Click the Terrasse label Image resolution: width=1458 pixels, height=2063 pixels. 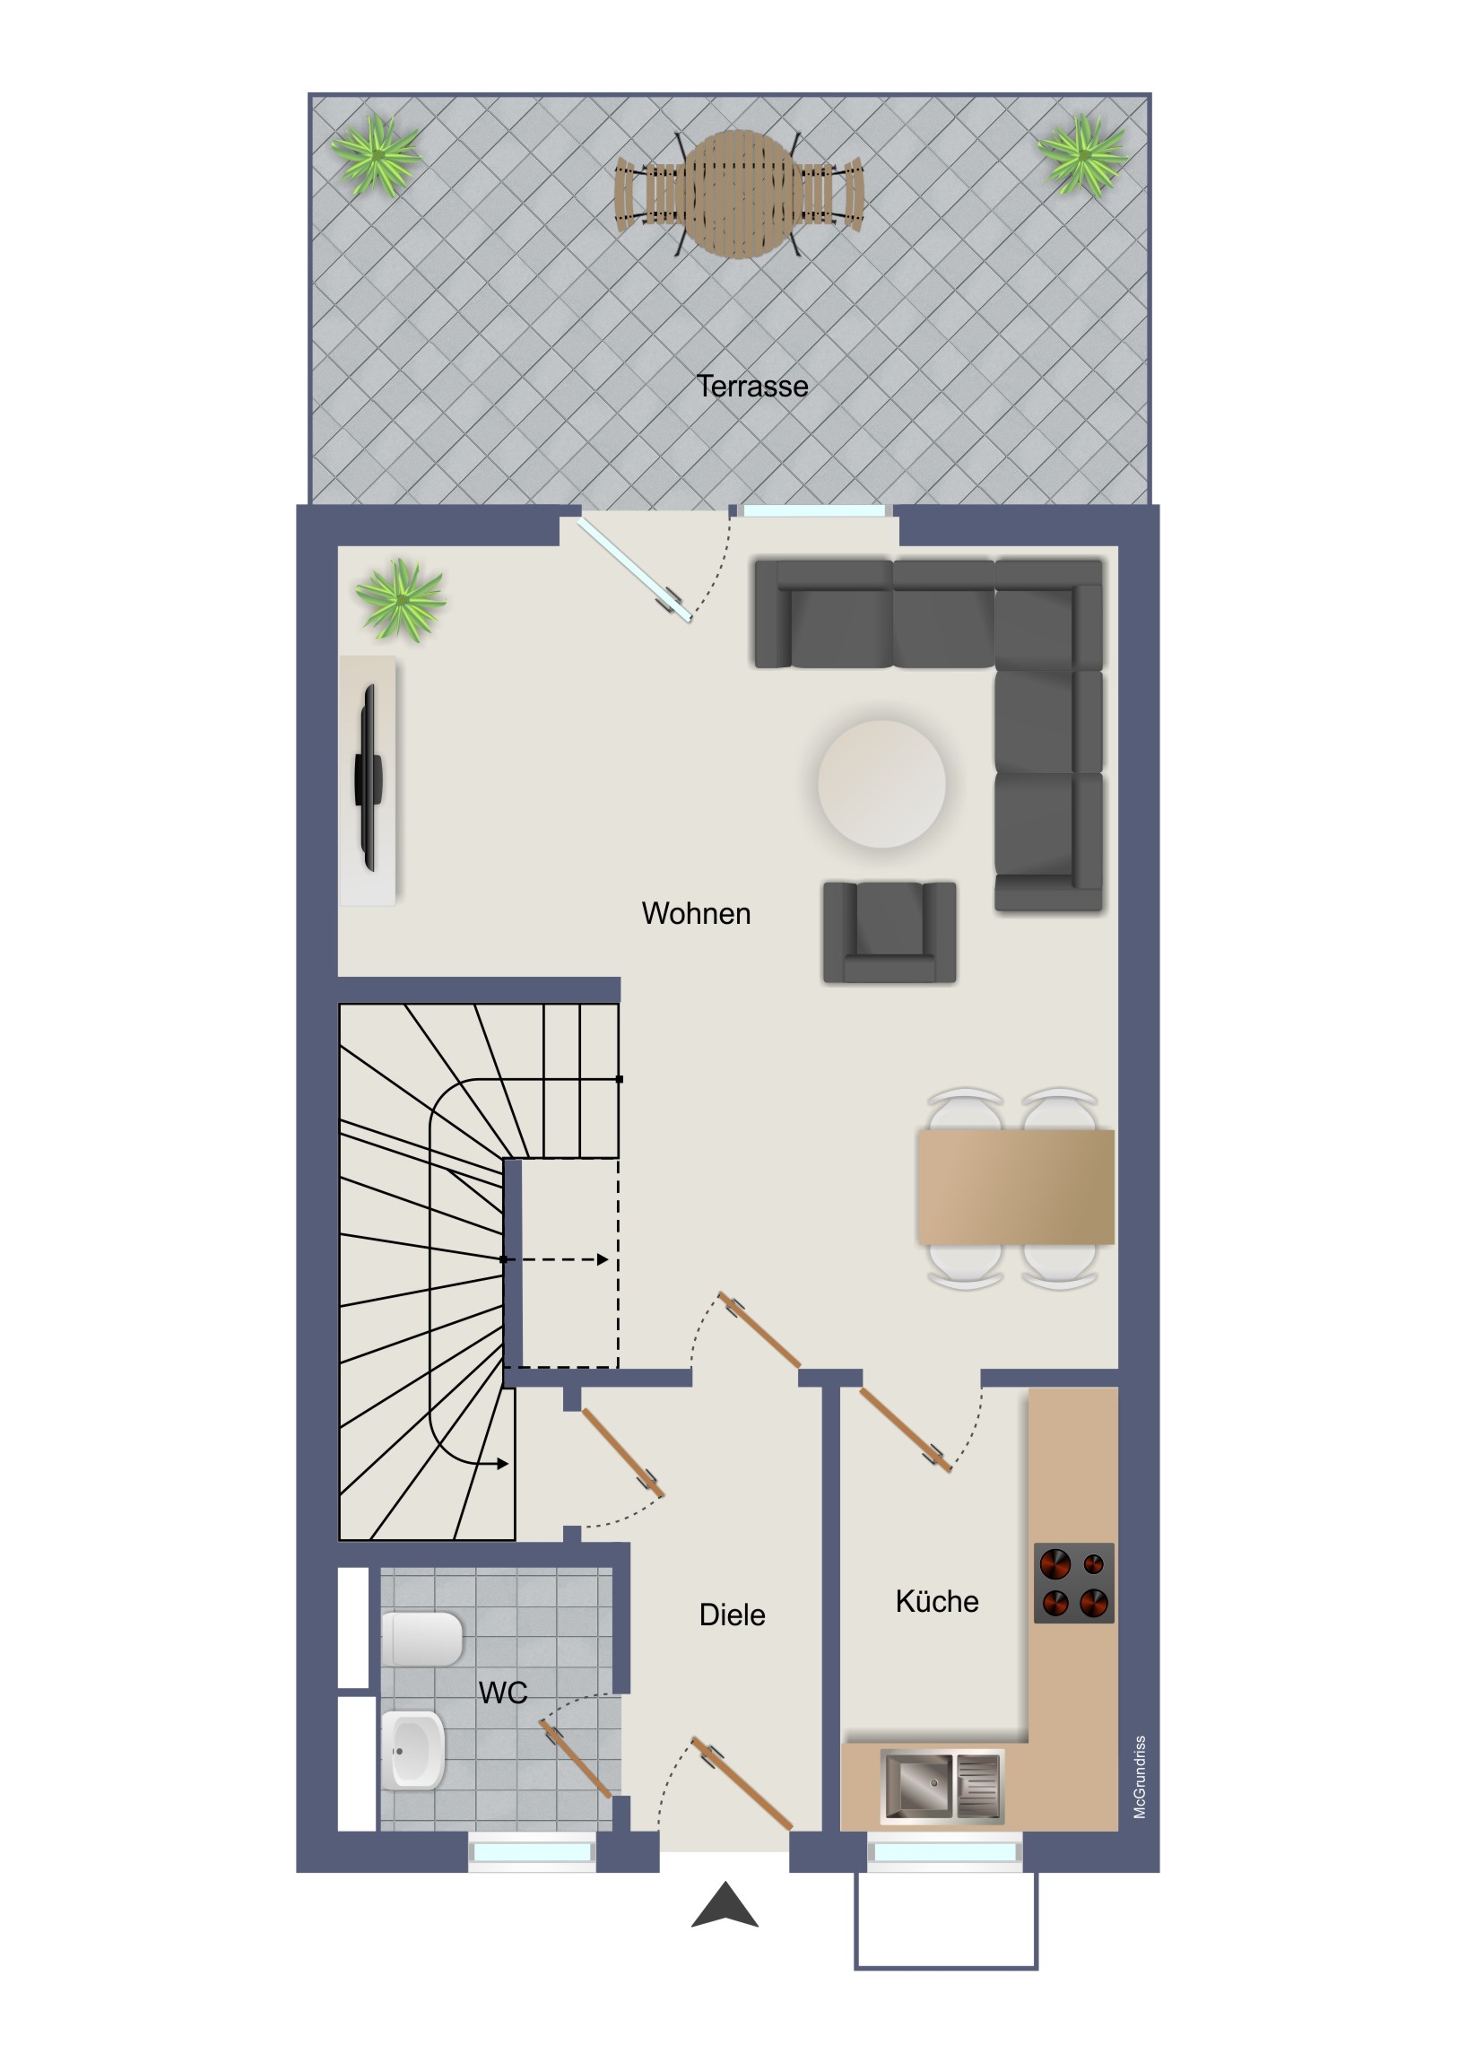752,387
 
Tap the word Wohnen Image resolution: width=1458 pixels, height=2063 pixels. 696,913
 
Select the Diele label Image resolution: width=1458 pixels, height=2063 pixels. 733,1615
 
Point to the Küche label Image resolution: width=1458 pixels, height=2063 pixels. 937,1601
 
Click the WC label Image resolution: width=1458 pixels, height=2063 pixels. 503,1693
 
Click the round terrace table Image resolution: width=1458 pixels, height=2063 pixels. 740,195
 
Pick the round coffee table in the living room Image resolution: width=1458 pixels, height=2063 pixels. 881,784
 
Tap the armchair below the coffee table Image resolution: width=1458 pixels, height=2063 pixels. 890,932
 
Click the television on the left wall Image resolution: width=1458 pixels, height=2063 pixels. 368,778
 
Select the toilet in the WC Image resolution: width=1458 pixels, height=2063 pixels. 421,1639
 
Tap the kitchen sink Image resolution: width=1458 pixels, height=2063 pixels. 942,1786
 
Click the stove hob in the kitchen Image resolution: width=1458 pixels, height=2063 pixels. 1073,1583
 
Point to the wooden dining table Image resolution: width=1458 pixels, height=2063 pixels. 1016,1187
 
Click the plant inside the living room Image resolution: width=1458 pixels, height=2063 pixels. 401,599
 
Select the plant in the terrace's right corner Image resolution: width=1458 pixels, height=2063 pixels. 1084,155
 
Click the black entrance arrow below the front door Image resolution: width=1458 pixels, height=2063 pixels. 725,1905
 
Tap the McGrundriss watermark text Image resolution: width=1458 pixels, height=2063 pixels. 1139,1777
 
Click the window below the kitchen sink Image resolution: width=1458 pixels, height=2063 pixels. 944,1852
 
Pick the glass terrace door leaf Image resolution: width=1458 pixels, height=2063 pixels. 635,570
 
